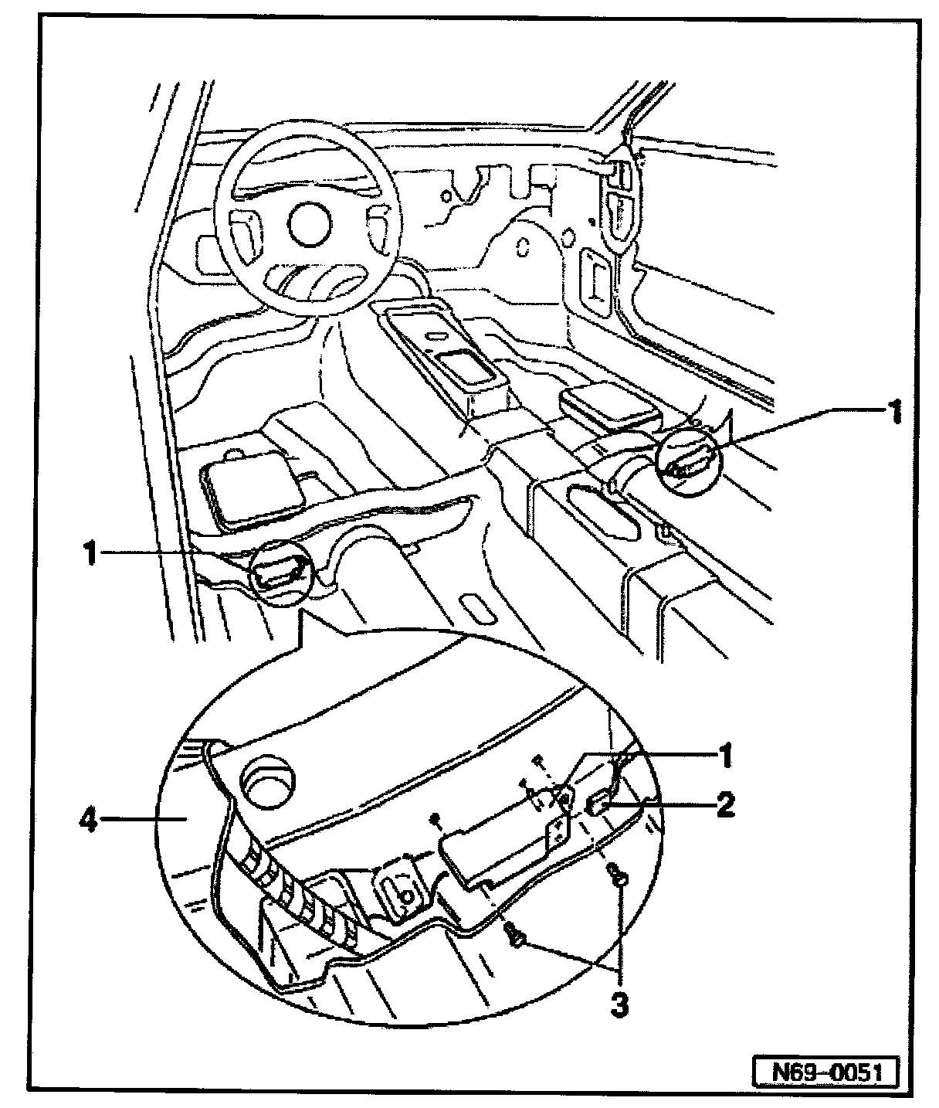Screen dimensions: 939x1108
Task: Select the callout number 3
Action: tap(619, 1005)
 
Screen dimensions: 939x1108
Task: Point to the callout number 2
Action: tap(725, 805)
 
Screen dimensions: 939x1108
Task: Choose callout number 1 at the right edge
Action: tap(892, 413)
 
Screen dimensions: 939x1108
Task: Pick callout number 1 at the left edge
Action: tap(90, 553)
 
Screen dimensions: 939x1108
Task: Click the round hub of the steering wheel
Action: tap(309, 224)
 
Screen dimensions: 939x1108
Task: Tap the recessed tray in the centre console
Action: tap(466, 366)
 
